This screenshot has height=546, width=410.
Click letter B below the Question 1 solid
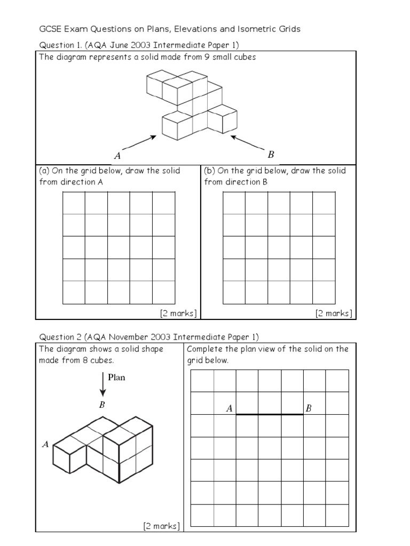click(x=271, y=155)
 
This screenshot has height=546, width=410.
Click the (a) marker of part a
click(x=44, y=171)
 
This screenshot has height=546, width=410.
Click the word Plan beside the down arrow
click(x=116, y=378)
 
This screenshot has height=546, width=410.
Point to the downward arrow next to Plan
click(x=102, y=384)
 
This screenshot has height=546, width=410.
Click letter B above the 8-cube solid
click(x=102, y=405)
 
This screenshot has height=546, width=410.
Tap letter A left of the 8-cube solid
click(x=45, y=444)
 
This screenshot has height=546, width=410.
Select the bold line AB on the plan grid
click(x=270, y=414)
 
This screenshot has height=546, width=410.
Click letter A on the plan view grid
click(x=229, y=409)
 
